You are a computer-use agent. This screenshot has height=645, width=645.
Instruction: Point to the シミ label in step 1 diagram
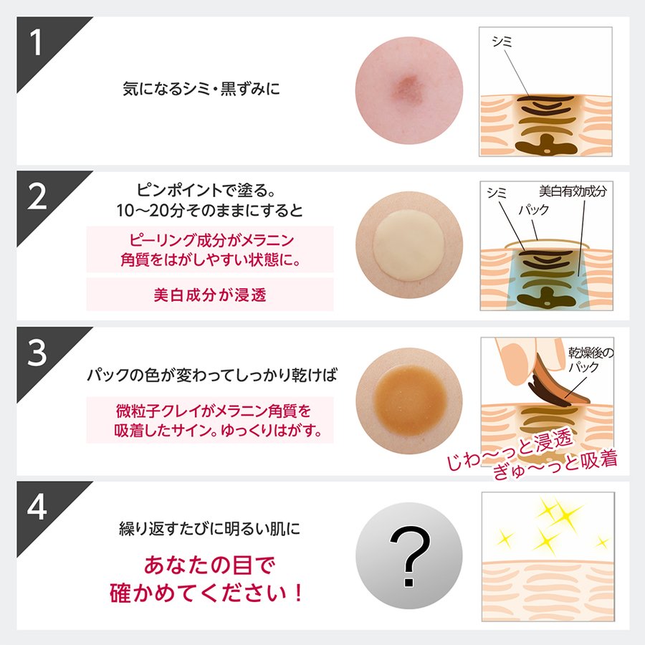(501, 42)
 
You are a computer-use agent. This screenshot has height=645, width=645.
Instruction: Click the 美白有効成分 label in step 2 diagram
(572, 191)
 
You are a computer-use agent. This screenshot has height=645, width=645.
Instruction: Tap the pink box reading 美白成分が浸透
(210, 294)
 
